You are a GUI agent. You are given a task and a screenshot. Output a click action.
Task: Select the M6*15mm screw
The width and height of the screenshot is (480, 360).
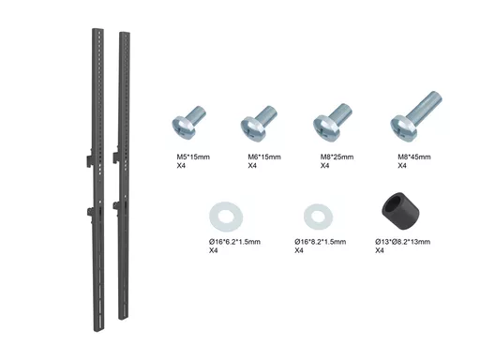[x=259, y=122]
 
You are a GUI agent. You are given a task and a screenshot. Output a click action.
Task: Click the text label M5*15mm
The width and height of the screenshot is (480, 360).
[x=193, y=157]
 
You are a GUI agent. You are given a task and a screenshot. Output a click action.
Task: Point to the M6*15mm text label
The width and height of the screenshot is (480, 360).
[x=264, y=157]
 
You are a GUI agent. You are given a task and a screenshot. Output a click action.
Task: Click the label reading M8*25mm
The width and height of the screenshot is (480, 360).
[x=337, y=157]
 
